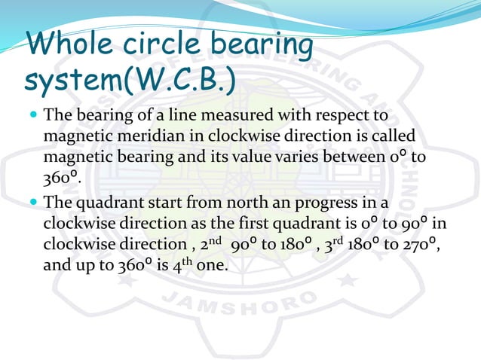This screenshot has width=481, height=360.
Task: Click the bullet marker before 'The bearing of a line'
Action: click(x=34, y=117)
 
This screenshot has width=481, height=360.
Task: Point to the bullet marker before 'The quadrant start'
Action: click(x=34, y=203)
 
